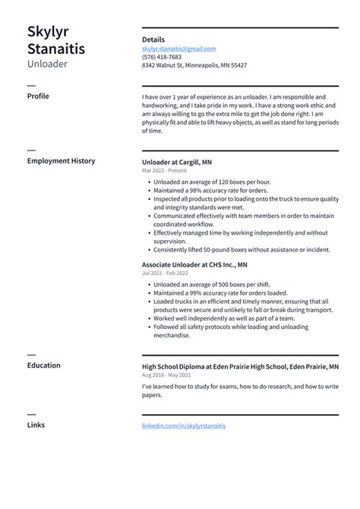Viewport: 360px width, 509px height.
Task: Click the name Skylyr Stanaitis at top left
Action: coord(56,40)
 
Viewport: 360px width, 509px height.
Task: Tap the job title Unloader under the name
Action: coord(47,64)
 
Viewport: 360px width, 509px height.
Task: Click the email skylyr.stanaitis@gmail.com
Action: coord(178,49)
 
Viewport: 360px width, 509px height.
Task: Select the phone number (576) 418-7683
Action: coord(162,57)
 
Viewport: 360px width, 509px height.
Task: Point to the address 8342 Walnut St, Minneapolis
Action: coord(194,65)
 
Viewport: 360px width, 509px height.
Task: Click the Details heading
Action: coord(153,40)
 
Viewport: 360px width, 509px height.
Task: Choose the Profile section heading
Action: coord(38,96)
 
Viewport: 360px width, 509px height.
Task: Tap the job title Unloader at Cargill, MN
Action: coord(177,162)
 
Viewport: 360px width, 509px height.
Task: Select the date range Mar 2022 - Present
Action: coord(165,171)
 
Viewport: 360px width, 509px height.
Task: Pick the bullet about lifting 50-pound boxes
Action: coord(242,249)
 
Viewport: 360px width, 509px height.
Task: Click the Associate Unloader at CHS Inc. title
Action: coord(194,265)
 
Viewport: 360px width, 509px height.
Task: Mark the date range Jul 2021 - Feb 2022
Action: coord(165,273)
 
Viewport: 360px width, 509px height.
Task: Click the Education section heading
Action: coord(44,365)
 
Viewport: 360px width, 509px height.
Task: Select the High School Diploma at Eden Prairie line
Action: coord(240,366)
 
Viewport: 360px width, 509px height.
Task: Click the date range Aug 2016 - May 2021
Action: coord(166,375)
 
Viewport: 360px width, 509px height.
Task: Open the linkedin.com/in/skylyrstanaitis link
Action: coord(184,426)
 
